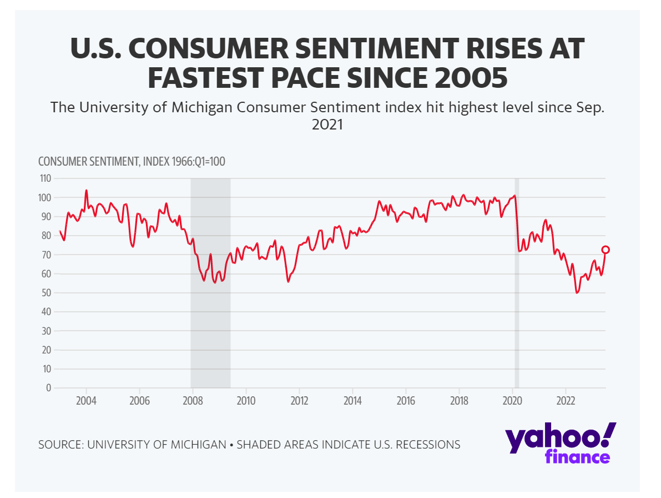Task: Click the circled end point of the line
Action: pyautogui.click(x=606, y=250)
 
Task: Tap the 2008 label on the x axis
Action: pyautogui.click(x=193, y=401)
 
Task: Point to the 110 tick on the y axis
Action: pyautogui.click(x=44, y=178)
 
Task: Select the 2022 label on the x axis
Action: pyautogui.click(x=566, y=401)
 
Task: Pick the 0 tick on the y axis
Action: pyautogui.click(x=49, y=388)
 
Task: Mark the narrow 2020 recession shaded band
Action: pyautogui.click(x=517, y=283)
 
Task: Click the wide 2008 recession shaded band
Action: pyautogui.click(x=210, y=283)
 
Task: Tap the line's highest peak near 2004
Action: pyautogui.click(x=86, y=190)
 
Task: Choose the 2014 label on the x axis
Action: pyautogui.click(x=352, y=401)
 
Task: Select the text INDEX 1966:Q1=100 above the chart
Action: pyautogui.click(x=184, y=162)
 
